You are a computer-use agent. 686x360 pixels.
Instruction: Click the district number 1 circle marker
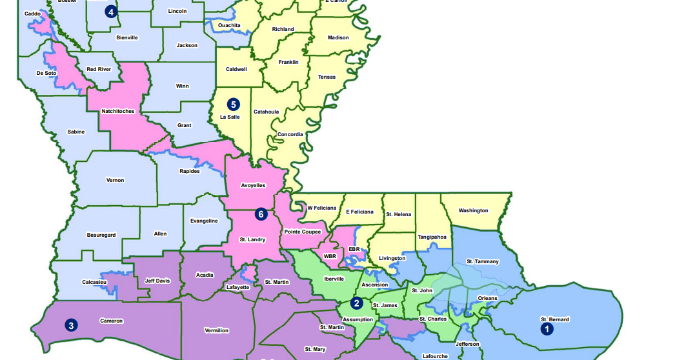[x=547, y=328]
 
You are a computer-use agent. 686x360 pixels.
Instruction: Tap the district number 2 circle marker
[x=356, y=303]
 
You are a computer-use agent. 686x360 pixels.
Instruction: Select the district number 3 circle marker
[x=70, y=325]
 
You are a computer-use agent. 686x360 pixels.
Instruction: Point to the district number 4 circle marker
[x=111, y=12]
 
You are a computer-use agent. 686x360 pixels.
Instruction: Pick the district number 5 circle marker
[x=233, y=104]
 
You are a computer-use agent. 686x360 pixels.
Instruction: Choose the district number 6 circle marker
[x=261, y=214]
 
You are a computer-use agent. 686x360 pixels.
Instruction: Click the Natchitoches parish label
[x=118, y=111]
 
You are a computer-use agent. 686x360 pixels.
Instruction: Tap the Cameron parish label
[x=111, y=321]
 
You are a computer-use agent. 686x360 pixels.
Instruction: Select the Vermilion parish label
[x=217, y=330]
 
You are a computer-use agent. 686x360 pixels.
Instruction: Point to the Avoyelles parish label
[x=253, y=185]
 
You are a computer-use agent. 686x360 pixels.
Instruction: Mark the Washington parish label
[x=474, y=210]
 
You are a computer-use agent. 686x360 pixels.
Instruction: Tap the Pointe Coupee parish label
[x=303, y=231]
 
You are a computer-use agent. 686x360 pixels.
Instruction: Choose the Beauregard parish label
[x=101, y=235]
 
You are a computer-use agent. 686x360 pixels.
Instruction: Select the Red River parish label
[x=99, y=69]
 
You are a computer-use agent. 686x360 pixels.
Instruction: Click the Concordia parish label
[x=290, y=134]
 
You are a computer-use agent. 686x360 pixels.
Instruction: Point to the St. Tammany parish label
[x=483, y=261]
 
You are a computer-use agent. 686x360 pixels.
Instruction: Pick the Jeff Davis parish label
[x=157, y=280]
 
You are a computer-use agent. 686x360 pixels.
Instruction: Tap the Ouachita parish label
[x=229, y=25]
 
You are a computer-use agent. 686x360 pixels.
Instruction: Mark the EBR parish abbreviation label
[x=354, y=248]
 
